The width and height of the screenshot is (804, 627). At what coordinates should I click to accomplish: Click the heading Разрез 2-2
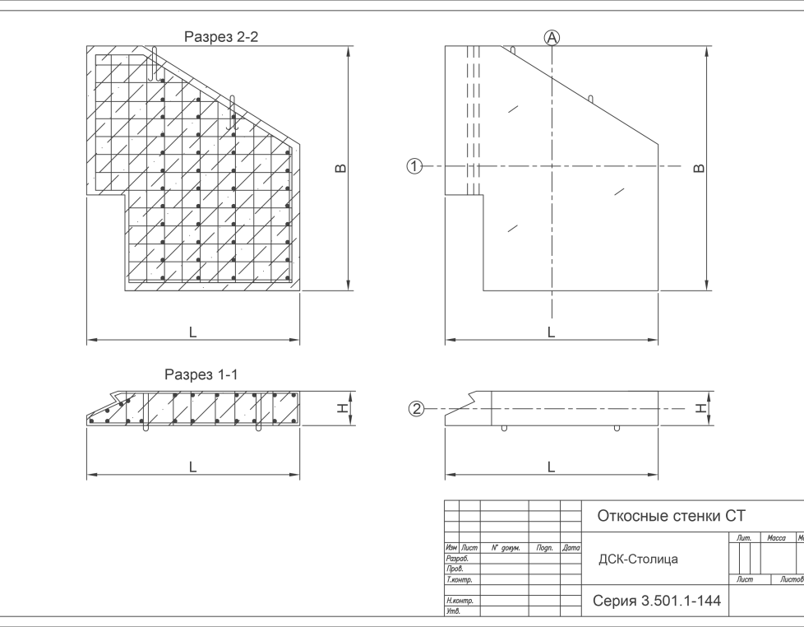coord(221,37)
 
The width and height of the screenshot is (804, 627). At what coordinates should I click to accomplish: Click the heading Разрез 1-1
coord(201,374)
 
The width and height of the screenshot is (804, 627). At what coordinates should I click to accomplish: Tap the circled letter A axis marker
coord(552,38)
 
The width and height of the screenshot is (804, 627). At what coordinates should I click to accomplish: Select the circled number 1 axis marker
coord(414,166)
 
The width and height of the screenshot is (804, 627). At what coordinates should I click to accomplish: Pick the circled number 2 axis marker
coord(416,409)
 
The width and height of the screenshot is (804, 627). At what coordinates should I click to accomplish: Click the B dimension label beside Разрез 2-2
coord(340,169)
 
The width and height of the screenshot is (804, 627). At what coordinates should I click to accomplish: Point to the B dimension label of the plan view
coord(699,169)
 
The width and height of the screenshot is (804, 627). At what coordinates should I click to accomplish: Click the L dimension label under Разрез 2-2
coord(193,332)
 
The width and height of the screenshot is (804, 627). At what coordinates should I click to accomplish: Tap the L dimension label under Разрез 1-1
coord(193,467)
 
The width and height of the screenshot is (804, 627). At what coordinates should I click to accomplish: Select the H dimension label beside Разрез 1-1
coord(343,408)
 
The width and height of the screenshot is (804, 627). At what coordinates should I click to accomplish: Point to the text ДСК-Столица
coord(639,560)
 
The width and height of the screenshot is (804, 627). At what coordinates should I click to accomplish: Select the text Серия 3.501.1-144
coord(657,601)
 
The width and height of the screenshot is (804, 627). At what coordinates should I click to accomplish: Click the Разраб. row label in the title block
coord(457,559)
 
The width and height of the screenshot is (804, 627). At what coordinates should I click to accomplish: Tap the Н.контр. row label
coord(460,601)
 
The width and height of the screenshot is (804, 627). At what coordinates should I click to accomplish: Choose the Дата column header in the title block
coord(571,548)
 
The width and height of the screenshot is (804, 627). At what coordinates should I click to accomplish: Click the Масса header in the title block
coord(776,537)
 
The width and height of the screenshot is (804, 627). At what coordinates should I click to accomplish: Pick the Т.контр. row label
coord(459,580)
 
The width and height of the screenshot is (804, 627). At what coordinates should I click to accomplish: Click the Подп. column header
coord(544,548)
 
